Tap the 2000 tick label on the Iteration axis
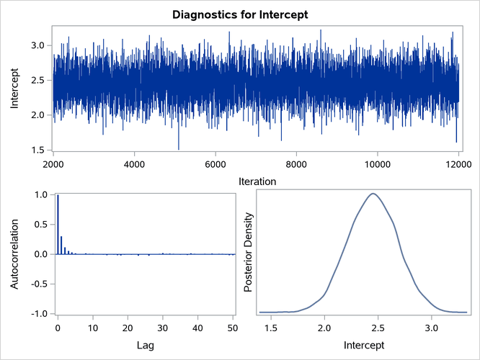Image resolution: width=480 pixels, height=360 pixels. tap(53, 163)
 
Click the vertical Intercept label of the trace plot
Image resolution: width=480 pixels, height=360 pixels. tap(15, 89)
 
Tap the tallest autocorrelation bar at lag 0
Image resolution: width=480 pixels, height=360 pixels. tap(58, 224)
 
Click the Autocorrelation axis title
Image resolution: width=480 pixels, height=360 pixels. tap(15, 254)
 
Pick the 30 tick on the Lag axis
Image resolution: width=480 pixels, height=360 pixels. tap(164, 328)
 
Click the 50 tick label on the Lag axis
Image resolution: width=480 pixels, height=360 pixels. tap(233, 328)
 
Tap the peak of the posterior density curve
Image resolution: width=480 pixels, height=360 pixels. tap(373, 193)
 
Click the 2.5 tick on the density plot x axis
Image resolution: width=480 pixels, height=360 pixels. tap(378, 328)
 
